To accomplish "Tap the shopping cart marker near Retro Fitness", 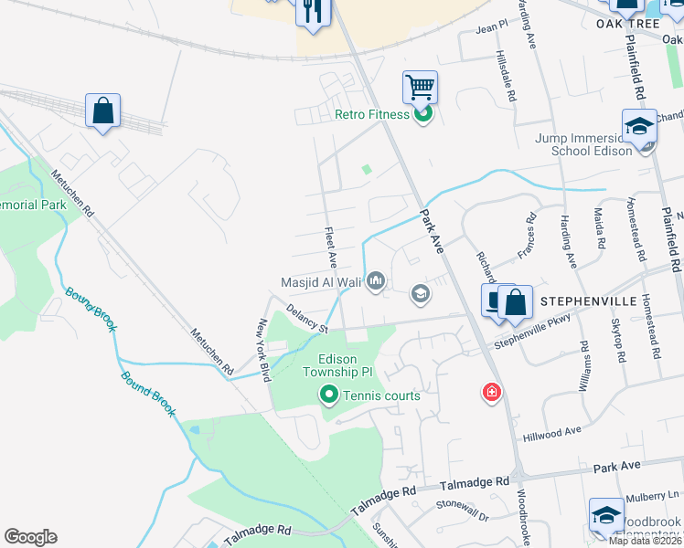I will [420, 89].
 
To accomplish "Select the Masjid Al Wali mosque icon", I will [375, 282].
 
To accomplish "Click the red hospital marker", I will [492, 393].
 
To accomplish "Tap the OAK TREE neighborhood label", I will [627, 23].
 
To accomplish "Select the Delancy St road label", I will [306, 320].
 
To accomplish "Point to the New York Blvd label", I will [264, 350].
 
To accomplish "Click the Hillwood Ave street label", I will [552, 433].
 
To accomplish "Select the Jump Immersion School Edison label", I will [584, 144].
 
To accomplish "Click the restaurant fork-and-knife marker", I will [312, 13].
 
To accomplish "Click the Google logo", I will [30, 537].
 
